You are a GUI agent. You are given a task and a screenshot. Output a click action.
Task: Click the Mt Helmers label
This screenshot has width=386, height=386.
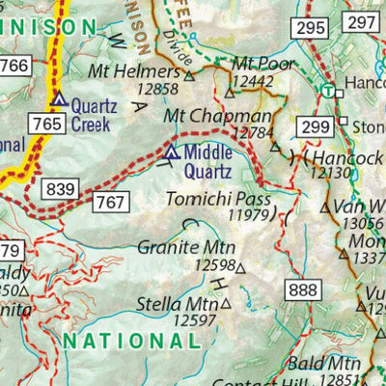tap(145, 72)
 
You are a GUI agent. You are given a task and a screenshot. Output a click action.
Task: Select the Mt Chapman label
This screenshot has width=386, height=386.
tap(207, 115)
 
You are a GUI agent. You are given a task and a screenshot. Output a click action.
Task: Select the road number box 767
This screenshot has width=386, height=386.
tap(110, 201)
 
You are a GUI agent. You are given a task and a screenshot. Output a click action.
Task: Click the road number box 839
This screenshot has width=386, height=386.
tap(59, 189)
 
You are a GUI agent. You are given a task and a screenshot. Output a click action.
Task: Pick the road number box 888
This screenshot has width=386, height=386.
tap(301, 290)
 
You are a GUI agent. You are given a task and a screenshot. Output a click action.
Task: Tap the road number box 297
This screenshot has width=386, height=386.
tap(361, 22)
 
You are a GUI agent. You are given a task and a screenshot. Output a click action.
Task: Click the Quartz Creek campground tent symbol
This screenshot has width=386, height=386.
tap(59, 99)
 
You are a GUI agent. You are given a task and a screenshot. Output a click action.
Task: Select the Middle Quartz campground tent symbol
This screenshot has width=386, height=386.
tap(172, 152)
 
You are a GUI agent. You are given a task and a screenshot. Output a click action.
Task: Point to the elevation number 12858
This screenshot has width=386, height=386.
tap(159, 89)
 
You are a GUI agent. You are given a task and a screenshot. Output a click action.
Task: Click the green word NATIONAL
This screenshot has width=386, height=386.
tap(131, 341)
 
